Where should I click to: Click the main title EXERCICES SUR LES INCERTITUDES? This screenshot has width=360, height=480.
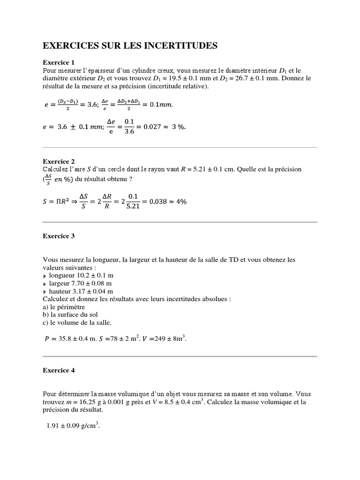(x=130, y=45)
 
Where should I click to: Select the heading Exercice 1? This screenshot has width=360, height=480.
(x=59, y=62)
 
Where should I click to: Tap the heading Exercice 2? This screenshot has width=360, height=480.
(x=59, y=161)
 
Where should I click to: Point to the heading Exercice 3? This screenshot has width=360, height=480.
(x=59, y=236)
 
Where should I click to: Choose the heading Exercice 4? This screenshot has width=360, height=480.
(x=59, y=370)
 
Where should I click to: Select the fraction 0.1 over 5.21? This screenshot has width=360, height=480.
(x=134, y=202)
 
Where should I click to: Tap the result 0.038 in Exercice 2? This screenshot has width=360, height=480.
(x=159, y=202)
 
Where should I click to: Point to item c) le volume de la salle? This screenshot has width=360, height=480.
(x=77, y=322)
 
